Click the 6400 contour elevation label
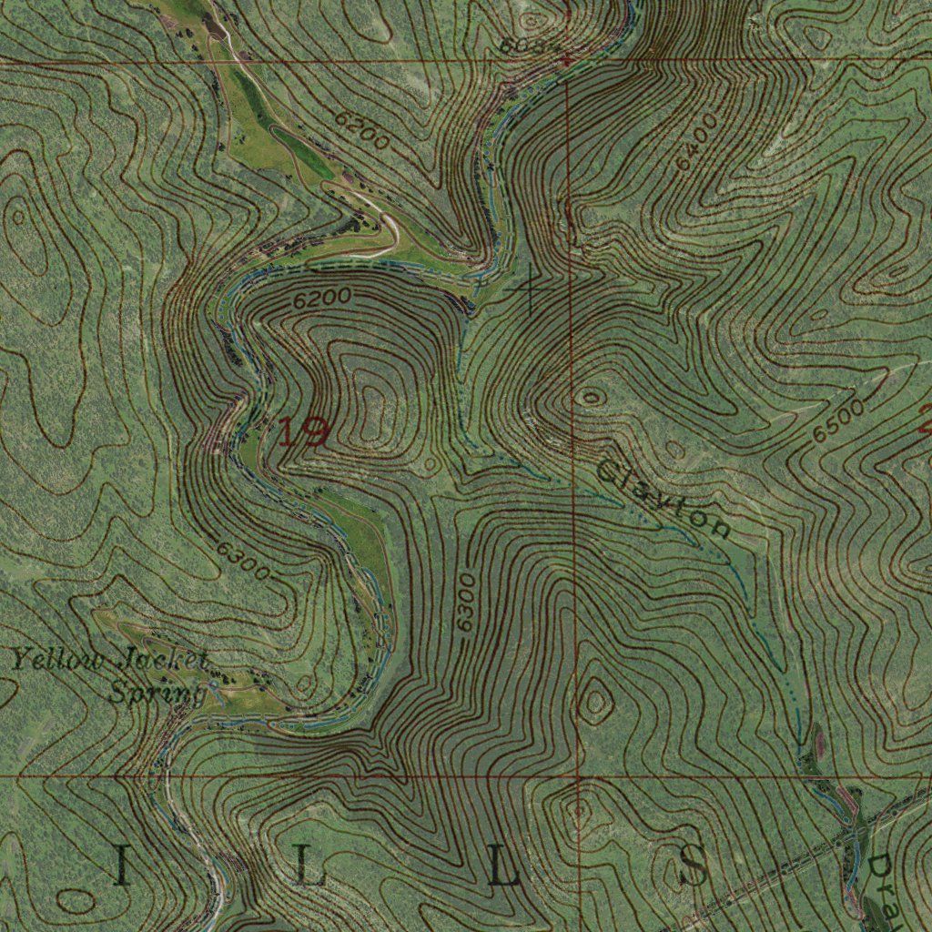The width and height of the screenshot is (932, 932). (696, 141)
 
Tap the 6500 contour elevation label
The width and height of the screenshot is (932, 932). (838, 421)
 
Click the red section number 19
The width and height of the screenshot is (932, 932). (302, 431)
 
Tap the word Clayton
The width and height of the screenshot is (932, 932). (664, 498)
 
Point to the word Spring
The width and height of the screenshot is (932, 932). (157, 694)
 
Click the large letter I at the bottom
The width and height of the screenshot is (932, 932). (121, 867)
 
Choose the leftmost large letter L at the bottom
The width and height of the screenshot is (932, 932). (309, 869)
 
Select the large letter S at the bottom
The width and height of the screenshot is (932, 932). (693, 866)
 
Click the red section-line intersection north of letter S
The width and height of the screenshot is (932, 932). (579, 777)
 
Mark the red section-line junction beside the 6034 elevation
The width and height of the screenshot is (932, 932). (567, 61)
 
